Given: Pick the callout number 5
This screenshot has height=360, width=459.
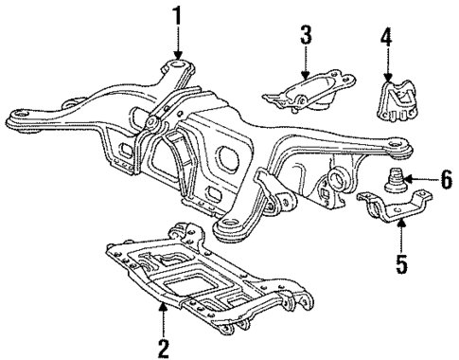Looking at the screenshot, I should click(x=401, y=261).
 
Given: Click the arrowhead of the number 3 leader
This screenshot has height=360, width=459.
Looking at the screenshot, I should click(x=306, y=76).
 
